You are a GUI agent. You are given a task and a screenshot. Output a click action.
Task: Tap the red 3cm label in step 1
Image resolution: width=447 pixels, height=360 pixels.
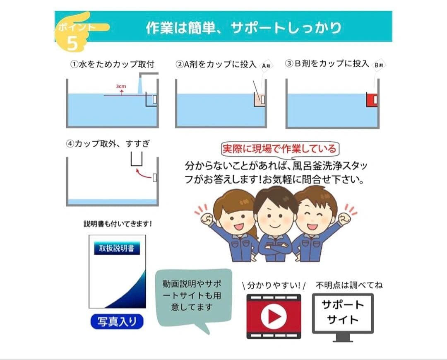121,86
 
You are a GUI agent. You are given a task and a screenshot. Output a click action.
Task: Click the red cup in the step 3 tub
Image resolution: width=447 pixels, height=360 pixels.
372,99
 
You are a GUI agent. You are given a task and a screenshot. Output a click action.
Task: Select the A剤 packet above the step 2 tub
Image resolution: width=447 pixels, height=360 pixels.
266,66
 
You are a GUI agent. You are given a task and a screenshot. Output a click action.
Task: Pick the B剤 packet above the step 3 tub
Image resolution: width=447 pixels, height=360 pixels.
379,65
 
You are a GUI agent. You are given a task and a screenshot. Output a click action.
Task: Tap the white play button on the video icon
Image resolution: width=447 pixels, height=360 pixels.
274,317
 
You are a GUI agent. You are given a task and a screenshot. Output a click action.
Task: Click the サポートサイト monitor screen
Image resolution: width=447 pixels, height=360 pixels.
343,313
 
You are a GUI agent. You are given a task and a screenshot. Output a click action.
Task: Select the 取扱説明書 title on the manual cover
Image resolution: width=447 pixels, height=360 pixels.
117,248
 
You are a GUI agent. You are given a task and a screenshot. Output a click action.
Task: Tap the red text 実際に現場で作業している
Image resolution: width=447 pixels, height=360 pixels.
279,149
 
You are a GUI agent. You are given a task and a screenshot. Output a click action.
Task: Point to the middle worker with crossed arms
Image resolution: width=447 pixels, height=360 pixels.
275,225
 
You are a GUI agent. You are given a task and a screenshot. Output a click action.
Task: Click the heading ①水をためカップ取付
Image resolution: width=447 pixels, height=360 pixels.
112,64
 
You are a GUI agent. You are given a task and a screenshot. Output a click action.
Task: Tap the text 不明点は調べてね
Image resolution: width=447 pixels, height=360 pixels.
349,285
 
